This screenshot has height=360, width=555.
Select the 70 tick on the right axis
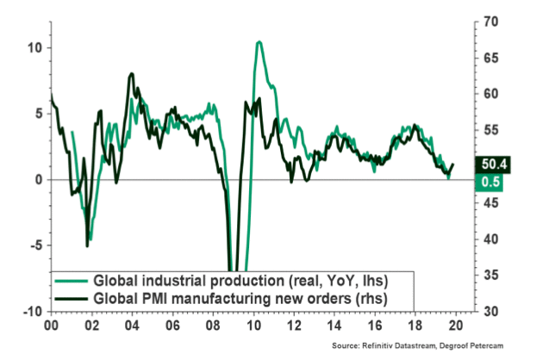[x=479, y=19]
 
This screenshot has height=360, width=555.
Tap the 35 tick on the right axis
[x=479, y=275]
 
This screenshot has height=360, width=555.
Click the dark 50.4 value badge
[x=491, y=164]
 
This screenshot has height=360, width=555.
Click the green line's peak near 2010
[x=259, y=42]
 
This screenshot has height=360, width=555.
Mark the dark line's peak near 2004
[x=131, y=74]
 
